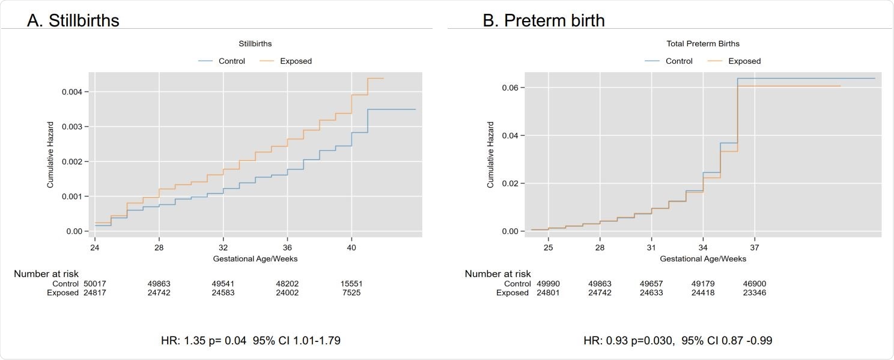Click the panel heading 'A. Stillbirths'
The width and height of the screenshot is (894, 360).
click(73, 20)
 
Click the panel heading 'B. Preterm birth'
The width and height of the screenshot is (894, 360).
click(543, 20)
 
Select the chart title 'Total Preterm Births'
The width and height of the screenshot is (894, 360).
click(703, 44)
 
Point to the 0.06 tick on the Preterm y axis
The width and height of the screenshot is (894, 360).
click(512, 88)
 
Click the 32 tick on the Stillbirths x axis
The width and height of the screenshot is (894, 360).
click(223, 247)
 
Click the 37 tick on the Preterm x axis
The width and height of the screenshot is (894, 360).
click(755, 247)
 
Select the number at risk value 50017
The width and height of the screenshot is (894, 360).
click(95, 284)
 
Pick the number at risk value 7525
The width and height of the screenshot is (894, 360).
click(351, 293)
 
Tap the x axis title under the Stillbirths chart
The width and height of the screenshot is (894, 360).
click(255, 258)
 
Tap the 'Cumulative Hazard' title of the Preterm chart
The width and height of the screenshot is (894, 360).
click(490, 155)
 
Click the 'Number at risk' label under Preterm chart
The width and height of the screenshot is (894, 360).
click(497, 274)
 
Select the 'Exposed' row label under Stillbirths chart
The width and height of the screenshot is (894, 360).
click(62, 293)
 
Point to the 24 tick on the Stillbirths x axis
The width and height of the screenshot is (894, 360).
click(95, 247)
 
